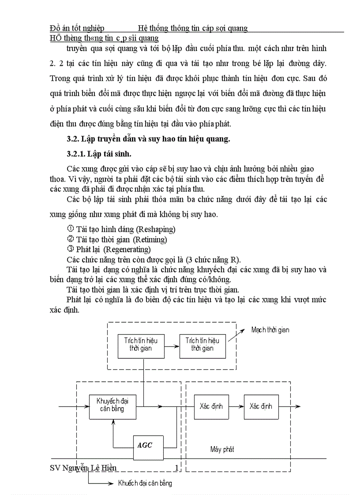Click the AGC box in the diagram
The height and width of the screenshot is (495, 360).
[148, 446]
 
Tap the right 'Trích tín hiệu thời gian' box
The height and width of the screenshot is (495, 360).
[202, 344]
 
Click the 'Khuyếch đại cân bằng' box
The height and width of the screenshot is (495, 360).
[112, 405]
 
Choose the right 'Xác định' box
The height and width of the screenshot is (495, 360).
[261, 406]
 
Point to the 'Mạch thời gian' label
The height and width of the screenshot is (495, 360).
[270, 330]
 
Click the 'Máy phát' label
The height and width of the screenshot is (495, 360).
[222, 449]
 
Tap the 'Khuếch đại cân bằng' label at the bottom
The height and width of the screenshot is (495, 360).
[145, 483]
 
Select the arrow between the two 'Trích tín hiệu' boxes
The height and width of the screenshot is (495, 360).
[172, 344]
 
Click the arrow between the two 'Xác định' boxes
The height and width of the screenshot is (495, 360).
[236, 406]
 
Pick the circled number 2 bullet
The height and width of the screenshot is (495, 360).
[70, 239]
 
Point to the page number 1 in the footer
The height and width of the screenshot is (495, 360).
[176, 468]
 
